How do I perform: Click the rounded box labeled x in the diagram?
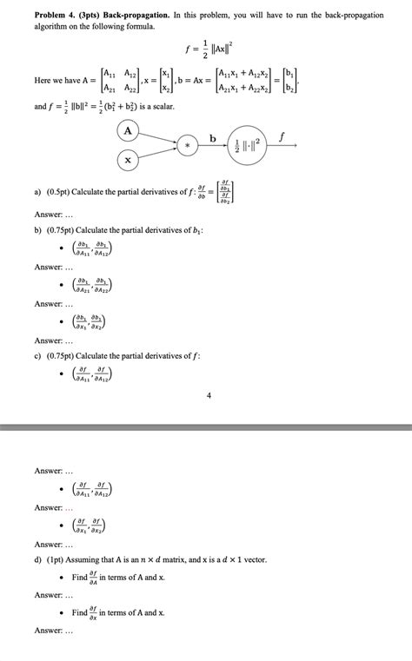pos(129,161)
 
